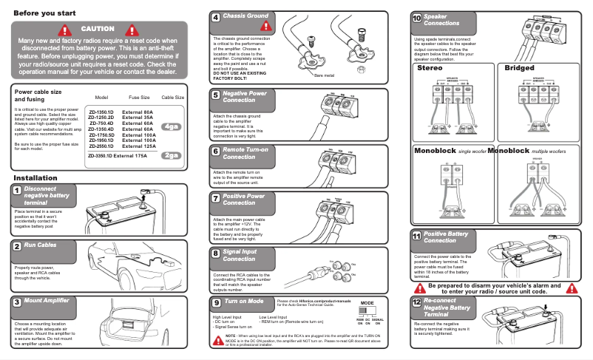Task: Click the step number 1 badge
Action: [17, 191]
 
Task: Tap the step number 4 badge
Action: [215, 17]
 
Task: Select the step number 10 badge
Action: [417, 17]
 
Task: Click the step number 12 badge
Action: [417, 303]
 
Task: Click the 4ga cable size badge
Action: [172, 126]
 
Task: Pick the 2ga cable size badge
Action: [172, 155]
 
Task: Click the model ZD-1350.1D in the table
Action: [101, 111]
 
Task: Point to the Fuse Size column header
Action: [139, 98]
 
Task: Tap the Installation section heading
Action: [35, 178]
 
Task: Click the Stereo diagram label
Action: [429, 68]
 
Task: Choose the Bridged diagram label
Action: [519, 68]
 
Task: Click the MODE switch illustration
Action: [367, 313]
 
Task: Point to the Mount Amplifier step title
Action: [46, 301]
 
